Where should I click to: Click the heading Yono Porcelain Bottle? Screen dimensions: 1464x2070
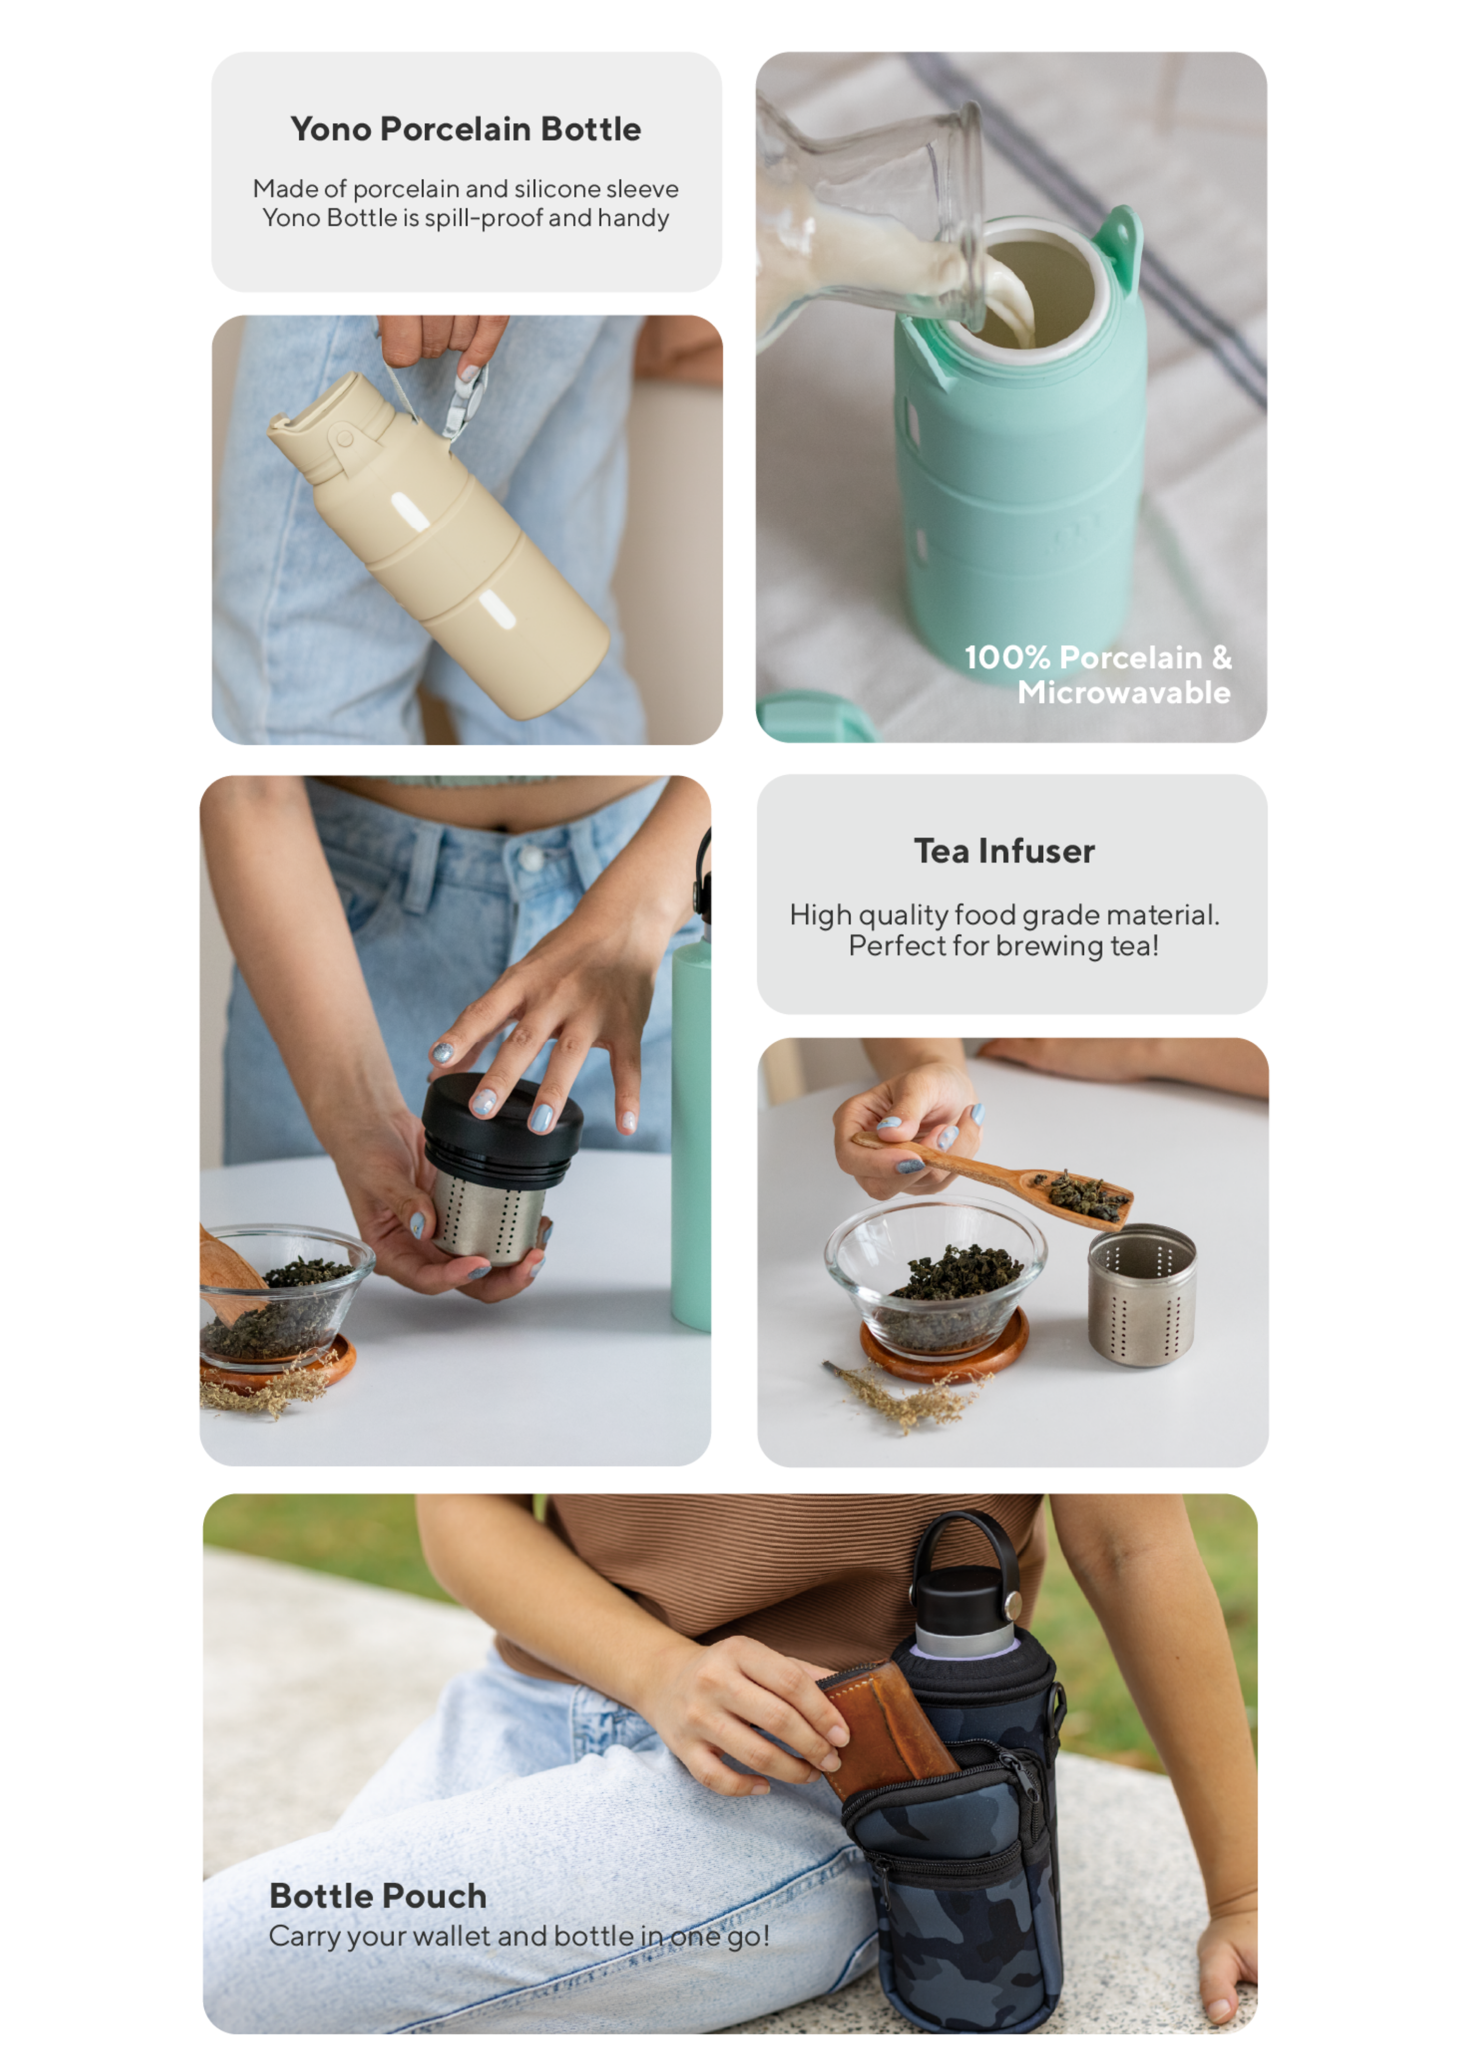tap(465, 129)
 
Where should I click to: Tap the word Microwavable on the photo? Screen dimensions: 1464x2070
tap(1124, 692)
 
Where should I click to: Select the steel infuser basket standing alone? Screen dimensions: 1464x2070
tap(1142, 1295)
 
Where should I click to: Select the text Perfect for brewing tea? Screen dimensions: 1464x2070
tap(1003, 946)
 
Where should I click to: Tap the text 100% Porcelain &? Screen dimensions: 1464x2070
tap(1098, 657)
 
